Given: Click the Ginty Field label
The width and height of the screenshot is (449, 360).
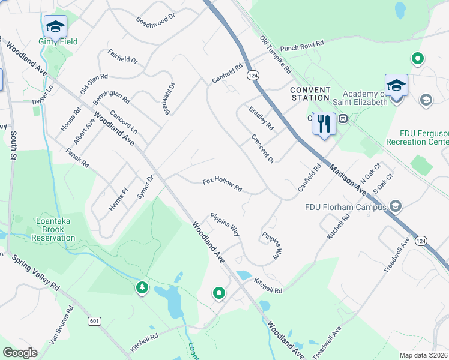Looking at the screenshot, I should (58, 41).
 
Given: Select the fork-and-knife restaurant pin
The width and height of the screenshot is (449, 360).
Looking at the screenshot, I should (324, 124).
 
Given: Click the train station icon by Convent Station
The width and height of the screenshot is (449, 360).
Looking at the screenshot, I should (344, 118).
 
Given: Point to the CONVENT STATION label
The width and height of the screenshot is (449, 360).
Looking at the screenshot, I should (310, 94).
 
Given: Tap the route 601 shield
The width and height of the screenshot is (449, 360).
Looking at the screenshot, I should (94, 322).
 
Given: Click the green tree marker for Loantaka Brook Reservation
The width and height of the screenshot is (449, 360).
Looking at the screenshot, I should (142, 288).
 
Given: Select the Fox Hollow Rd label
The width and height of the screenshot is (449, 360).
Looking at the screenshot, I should (222, 184).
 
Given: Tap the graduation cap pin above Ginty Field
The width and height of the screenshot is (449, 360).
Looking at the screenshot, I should (55, 26).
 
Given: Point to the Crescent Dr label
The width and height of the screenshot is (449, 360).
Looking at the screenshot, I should (262, 149).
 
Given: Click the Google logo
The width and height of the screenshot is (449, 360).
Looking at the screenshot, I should (20, 353).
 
